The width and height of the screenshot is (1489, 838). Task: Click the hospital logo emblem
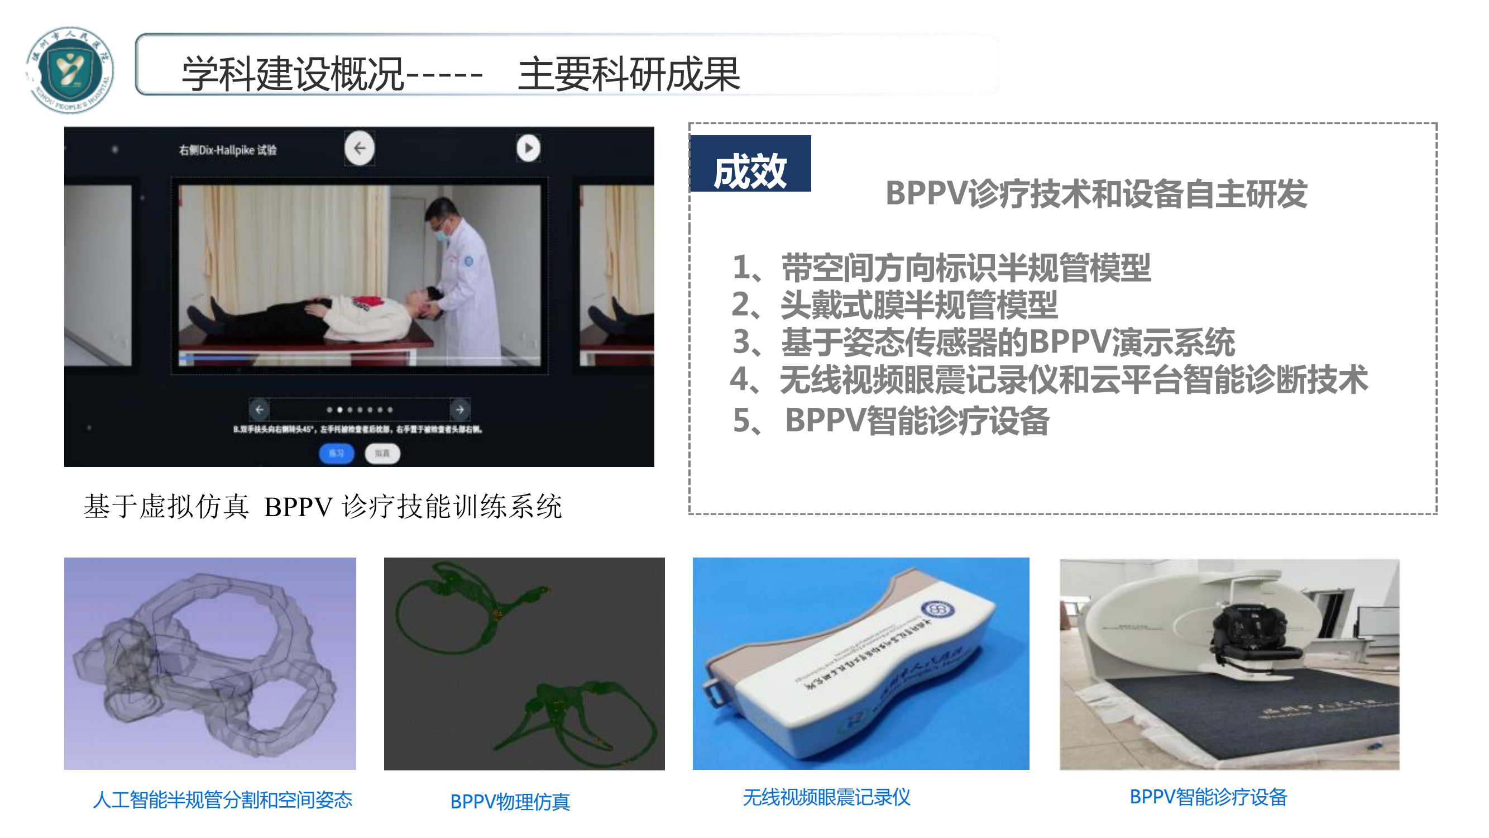pos(70,69)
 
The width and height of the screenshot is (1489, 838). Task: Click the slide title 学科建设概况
pos(292,74)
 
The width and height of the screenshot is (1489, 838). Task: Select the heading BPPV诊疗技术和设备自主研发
pos(1095,193)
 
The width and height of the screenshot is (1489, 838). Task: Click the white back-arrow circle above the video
pos(359,148)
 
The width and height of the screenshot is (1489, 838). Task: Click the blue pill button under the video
pos(336,454)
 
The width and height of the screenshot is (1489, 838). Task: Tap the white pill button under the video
pos(382,454)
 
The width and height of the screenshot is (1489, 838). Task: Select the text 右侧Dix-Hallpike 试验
pos(228,150)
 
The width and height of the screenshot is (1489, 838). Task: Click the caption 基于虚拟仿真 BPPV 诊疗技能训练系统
pos(323,507)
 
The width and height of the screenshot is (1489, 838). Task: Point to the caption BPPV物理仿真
pos(510,802)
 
